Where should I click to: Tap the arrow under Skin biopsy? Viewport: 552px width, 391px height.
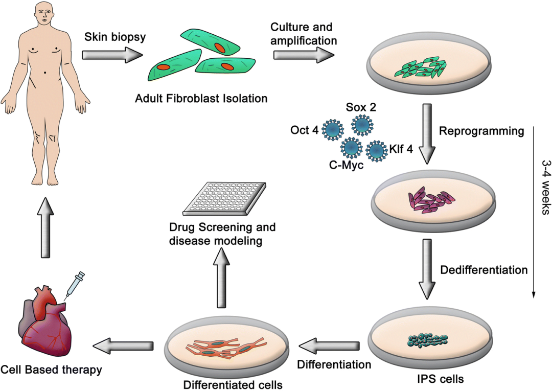(110, 55)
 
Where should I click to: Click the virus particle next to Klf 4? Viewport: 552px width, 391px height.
(377, 151)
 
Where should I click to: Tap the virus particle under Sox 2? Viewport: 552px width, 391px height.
(362, 124)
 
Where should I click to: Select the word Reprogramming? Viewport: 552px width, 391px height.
(481, 131)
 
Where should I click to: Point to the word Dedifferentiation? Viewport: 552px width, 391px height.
(483, 269)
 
